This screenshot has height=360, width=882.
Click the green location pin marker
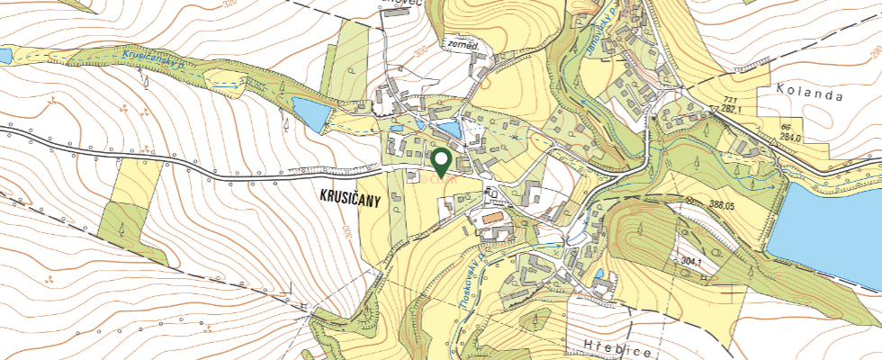[441, 163]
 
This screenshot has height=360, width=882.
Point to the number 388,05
[703, 206]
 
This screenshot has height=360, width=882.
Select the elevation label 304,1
[691, 260]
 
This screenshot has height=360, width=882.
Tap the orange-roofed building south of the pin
[491, 218]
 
